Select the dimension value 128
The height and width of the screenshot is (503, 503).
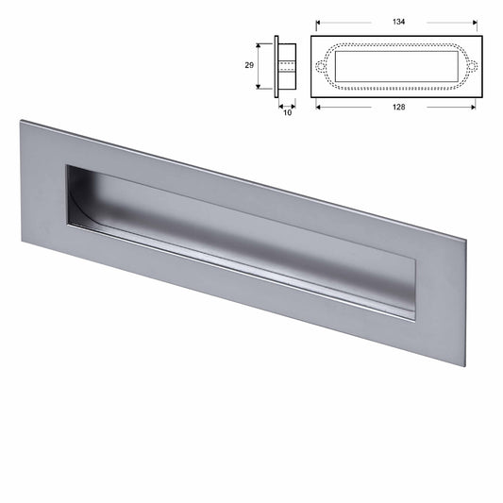(x=397, y=107)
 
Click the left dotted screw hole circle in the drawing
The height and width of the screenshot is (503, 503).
(x=319, y=66)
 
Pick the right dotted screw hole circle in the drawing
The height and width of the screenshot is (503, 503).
(x=475, y=66)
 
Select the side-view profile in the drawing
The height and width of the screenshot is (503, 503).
(x=285, y=65)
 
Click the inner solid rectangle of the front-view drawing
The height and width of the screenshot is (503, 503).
(x=396, y=66)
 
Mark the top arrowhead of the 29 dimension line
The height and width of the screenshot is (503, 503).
(x=258, y=43)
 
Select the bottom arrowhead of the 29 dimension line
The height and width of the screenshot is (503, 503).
(x=258, y=88)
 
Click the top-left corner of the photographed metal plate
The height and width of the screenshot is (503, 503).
(x=22, y=120)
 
